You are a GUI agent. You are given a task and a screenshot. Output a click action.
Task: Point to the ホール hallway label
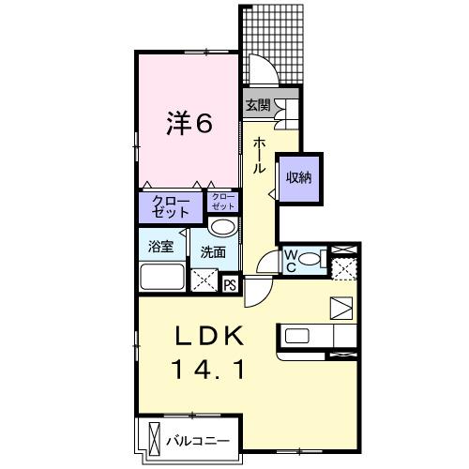coord(258,154)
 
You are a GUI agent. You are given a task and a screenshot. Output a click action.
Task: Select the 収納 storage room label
coord(299,177)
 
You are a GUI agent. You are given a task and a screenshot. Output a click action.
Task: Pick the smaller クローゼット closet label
coord(223,202)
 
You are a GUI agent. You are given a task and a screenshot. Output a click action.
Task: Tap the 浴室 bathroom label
coord(160,249)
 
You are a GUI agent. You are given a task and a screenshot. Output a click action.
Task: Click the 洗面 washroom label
coord(212,251)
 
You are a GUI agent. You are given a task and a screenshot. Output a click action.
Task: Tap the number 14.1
coord(208,371)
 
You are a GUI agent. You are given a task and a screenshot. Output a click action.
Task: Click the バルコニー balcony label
coord(198,439)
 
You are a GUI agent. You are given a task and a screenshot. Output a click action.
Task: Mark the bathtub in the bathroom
coord(163,279)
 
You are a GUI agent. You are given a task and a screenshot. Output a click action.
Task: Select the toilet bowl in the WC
coord(315,258)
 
